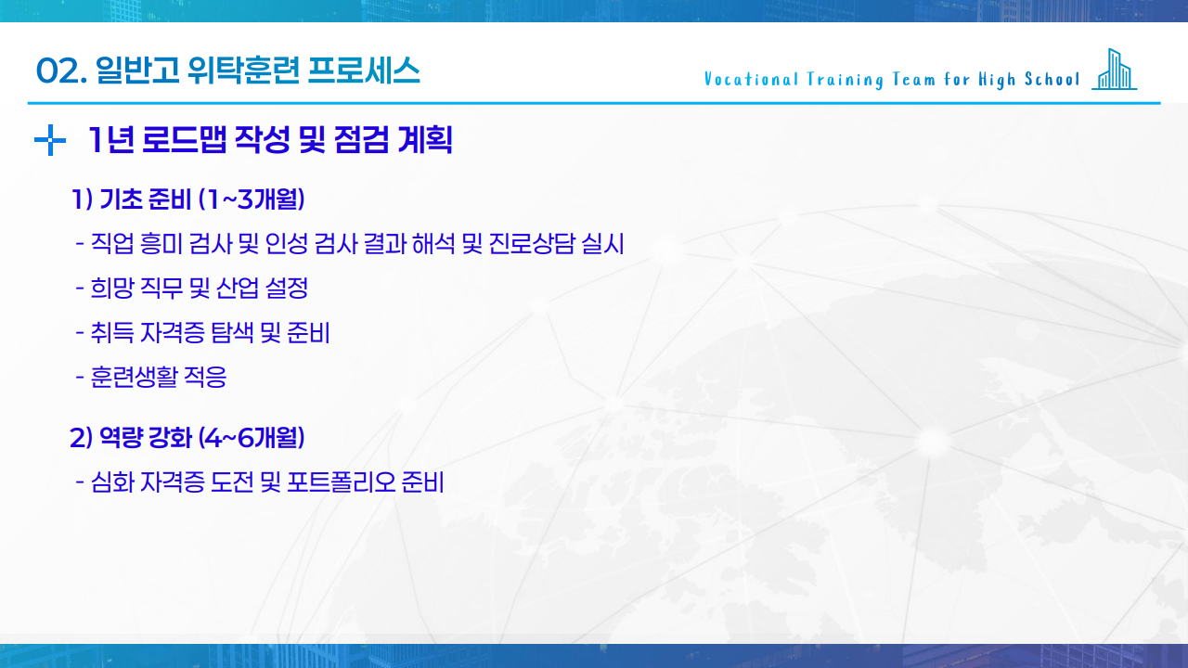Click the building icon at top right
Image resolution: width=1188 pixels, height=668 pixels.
pyautogui.click(x=1114, y=70)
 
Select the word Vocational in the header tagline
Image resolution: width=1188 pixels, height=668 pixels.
pyautogui.click(x=747, y=80)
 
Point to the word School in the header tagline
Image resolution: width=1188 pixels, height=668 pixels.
pyautogui.click(x=1052, y=80)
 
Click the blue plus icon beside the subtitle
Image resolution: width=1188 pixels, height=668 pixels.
pyautogui.click(x=49, y=141)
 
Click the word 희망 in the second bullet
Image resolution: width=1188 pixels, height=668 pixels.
pyautogui.click(x=111, y=289)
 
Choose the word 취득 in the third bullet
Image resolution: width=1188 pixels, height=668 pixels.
pyautogui.click(x=111, y=333)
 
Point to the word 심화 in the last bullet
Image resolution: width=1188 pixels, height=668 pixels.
pyautogui.click(x=111, y=482)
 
